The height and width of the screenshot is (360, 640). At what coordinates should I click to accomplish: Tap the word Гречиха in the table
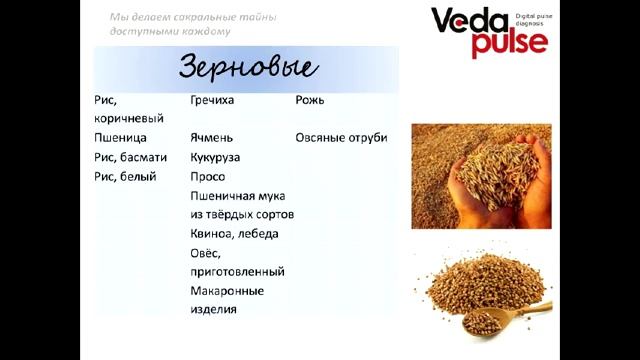coord(213,101)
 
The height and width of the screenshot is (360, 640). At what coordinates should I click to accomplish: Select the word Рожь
coord(310,101)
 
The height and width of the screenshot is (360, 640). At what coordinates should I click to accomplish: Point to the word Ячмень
coord(213,138)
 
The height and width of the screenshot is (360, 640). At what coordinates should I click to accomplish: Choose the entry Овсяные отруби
coord(341,138)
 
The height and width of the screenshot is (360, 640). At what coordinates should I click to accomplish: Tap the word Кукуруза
coord(215,157)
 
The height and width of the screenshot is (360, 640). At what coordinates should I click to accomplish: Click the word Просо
coord(207,176)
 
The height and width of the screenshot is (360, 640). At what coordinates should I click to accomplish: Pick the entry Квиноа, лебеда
coord(234,233)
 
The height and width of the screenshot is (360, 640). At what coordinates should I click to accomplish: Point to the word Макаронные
coord(226,291)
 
